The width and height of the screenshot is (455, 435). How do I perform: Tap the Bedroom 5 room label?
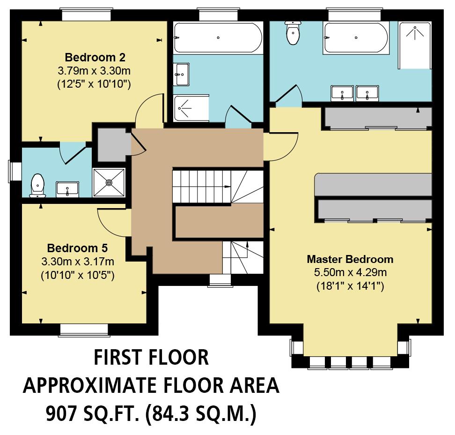tap(78, 248)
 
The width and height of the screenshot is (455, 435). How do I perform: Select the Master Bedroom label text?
tap(350, 259)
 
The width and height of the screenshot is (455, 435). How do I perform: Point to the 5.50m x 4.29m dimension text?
tap(350, 272)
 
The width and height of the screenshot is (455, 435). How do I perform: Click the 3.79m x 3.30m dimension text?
tap(94, 71)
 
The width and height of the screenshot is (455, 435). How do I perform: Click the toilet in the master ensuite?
tap(293, 33)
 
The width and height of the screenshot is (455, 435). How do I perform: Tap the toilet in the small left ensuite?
tap(37, 185)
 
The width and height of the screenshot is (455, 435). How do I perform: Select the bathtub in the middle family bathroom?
tap(218, 38)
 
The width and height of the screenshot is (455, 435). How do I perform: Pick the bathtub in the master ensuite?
tap(356, 38)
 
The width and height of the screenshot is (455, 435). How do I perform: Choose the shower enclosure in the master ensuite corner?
tap(415, 45)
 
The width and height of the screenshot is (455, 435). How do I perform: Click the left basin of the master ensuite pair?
tap(342, 93)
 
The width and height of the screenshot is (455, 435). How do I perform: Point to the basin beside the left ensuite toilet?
tap(67, 188)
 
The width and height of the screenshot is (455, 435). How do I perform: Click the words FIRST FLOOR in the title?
tap(151, 358)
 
